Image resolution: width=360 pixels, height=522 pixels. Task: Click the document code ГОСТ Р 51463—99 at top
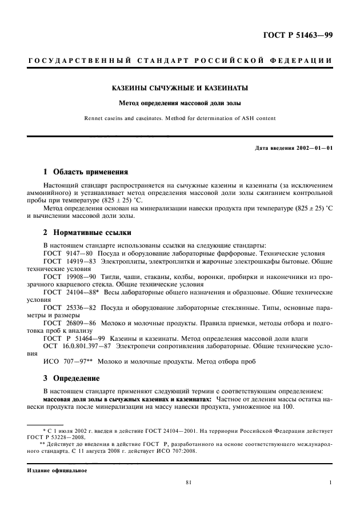point(297,35)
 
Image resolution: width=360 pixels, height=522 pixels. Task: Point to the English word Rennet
point(94,119)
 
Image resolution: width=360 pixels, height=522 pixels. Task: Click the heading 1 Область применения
point(86,172)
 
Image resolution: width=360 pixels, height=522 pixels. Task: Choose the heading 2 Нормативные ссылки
point(87,233)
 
